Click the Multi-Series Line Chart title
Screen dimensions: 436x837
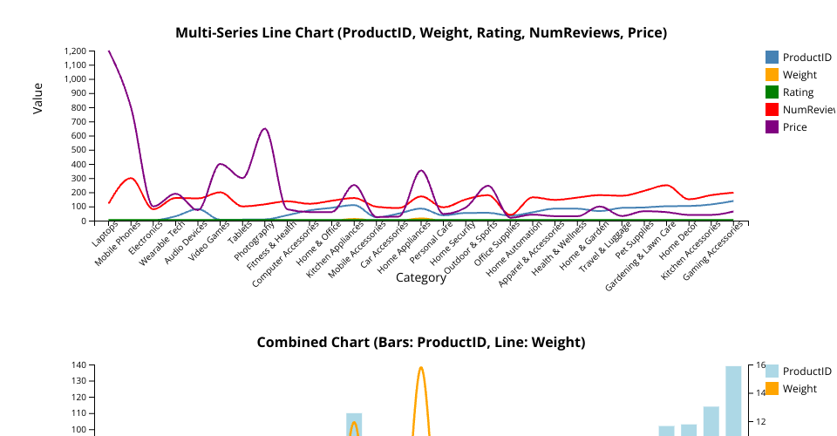(x=421, y=33)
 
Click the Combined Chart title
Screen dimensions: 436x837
(x=421, y=342)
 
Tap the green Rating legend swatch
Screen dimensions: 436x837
(x=772, y=92)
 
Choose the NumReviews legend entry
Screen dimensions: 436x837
(x=806, y=110)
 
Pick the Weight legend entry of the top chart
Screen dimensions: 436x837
(x=800, y=75)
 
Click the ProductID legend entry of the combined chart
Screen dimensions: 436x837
(x=806, y=371)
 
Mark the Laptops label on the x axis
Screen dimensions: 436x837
(x=99, y=234)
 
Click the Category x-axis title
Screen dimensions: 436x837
(x=421, y=278)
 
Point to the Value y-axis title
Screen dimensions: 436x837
(x=37, y=99)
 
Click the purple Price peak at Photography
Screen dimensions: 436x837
(x=264, y=129)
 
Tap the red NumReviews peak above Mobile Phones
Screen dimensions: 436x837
(x=131, y=178)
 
